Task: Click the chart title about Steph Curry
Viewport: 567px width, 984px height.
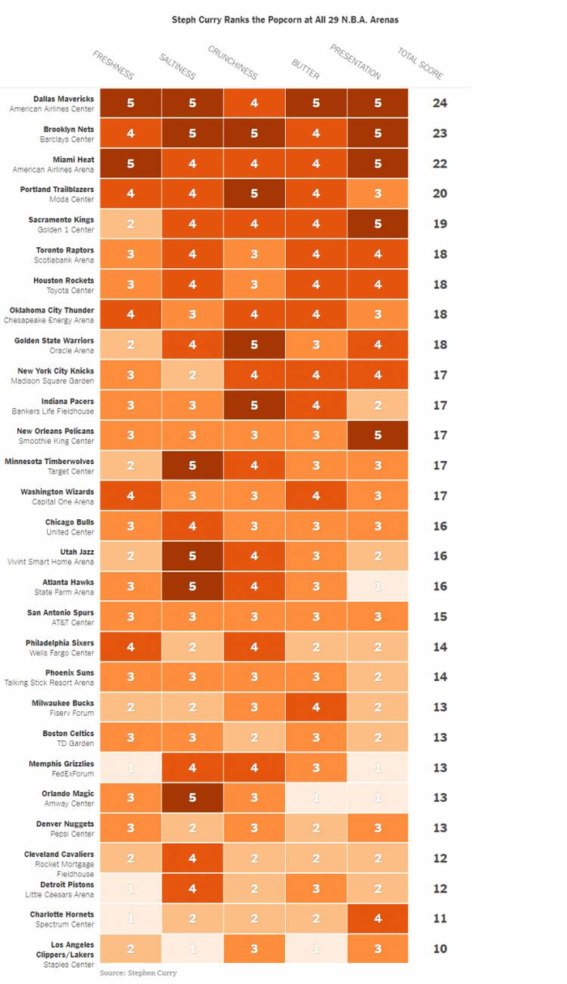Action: pyautogui.click(x=284, y=19)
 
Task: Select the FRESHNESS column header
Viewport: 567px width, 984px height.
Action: pyautogui.click(x=113, y=65)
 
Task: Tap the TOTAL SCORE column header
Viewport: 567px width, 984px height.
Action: pyautogui.click(x=420, y=63)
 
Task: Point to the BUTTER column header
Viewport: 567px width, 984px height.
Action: pyautogui.click(x=305, y=70)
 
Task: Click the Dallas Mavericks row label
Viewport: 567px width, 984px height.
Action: pyautogui.click(x=53, y=104)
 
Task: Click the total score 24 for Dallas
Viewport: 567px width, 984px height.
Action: pyautogui.click(x=440, y=103)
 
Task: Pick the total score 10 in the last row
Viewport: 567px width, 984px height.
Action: pyautogui.click(x=440, y=948)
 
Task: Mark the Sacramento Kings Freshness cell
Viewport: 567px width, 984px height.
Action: pyautogui.click(x=130, y=224)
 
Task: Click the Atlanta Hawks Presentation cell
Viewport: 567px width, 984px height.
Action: pyautogui.click(x=377, y=586)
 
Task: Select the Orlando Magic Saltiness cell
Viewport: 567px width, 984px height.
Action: pyautogui.click(x=192, y=798)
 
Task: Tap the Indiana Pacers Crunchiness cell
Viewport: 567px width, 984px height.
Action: pyautogui.click(x=254, y=405)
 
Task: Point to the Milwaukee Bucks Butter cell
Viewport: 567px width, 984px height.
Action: pyautogui.click(x=316, y=707)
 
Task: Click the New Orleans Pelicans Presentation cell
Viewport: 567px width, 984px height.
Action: pyautogui.click(x=377, y=435)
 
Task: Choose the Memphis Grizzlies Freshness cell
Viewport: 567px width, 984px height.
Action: pyautogui.click(x=130, y=768)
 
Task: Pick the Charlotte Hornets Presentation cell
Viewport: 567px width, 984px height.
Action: pyautogui.click(x=377, y=918)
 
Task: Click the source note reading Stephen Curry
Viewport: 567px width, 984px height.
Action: pyautogui.click(x=138, y=973)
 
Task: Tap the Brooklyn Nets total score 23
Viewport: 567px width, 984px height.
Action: pyautogui.click(x=440, y=133)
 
